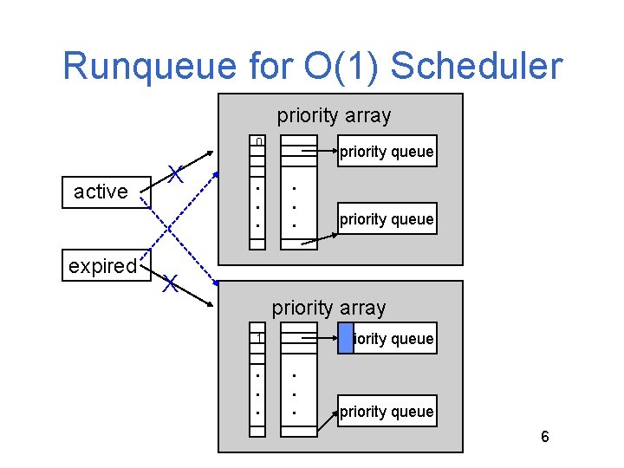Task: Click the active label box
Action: coord(101,192)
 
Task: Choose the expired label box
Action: coord(102,266)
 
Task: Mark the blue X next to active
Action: coord(175,174)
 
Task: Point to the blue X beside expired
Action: coord(170,283)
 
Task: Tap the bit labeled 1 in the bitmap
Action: coord(257,337)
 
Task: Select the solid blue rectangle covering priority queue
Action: coord(346,338)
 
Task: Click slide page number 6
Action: coord(544,437)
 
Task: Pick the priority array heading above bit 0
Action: coord(334,115)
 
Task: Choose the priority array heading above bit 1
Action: coord(328,308)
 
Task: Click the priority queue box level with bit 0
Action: coord(386,152)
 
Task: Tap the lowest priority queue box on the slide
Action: coord(386,412)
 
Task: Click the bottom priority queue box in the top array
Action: coord(386,219)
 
